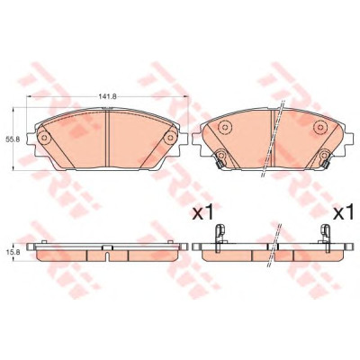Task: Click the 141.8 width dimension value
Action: (107, 96)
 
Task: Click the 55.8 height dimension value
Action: (13, 139)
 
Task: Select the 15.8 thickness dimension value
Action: (13, 253)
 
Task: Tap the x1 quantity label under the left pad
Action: (202, 213)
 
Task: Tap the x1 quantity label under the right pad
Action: (344, 213)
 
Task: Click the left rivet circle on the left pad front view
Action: (44, 138)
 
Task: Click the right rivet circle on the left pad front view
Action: (171, 138)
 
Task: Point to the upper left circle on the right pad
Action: (224, 128)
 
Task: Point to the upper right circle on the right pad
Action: (319, 127)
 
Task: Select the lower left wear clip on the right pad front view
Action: (220, 158)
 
